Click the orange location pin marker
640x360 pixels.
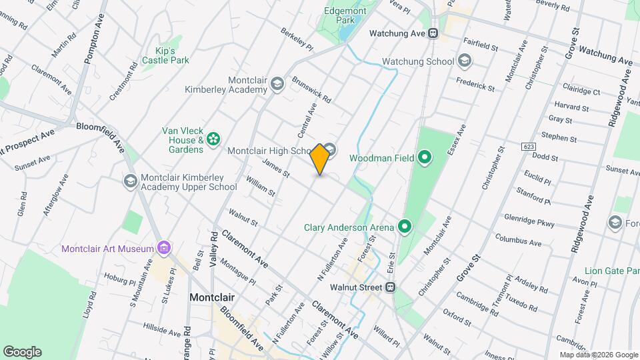(320, 159)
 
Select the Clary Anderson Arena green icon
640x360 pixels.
(405, 227)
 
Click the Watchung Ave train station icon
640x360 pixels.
(433, 33)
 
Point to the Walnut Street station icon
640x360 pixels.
(391, 287)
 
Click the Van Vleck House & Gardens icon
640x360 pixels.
(213, 139)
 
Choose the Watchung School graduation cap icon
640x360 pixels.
(465, 61)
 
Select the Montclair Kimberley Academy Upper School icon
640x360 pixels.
(131, 181)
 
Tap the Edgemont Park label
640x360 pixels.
(344, 15)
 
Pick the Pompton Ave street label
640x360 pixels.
(91, 44)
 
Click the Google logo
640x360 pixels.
(22, 352)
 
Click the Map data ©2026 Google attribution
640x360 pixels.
(597, 355)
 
